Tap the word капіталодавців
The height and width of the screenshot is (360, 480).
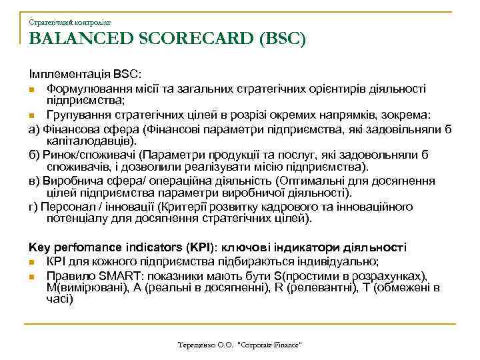click(x=87, y=141)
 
